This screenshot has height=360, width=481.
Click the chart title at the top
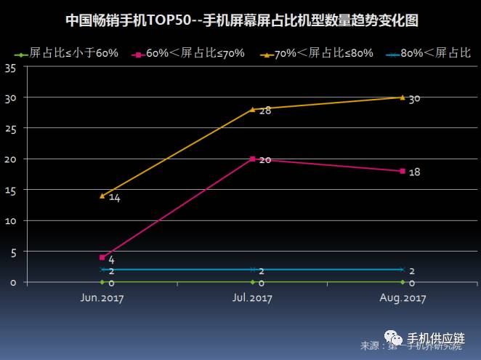click(x=241, y=20)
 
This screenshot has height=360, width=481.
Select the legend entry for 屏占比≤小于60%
click(x=70, y=54)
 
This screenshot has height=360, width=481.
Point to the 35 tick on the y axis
click(x=10, y=67)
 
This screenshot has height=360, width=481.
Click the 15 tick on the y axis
click(x=10, y=190)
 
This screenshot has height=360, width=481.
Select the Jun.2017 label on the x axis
click(x=101, y=298)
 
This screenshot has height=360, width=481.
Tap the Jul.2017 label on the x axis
click(x=252, y=298)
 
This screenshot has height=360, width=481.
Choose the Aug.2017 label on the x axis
click(x=403, y=298)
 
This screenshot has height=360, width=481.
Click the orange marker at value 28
click(x=252, y=109)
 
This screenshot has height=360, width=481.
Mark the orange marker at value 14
click(x=102, y=196)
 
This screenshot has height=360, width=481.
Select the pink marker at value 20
click(x=252, y=159)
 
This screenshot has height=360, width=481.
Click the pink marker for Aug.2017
click(x=403, y=171)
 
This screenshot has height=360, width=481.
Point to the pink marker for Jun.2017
click(x=102, y=257)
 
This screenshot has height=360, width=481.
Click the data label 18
click(x=416, y=172)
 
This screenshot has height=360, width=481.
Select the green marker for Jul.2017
click(x=252, y=281)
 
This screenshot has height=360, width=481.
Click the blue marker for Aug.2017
click(x=403, y=269)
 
